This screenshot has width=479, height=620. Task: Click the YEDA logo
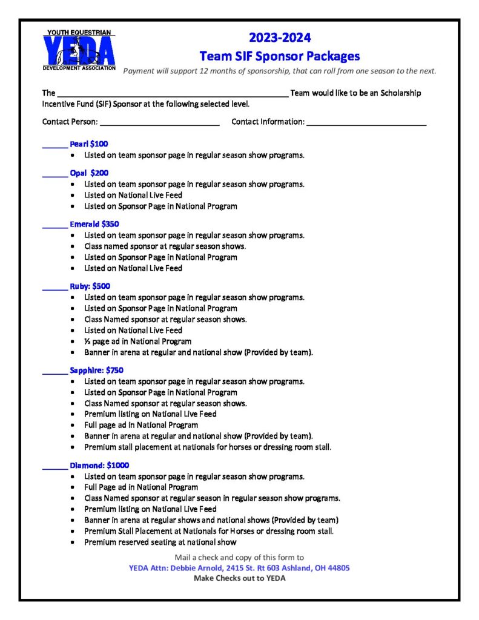pyautogui.click(x=79, y=50)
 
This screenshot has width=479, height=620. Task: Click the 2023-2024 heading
pyautogui.click(x=279, y=38)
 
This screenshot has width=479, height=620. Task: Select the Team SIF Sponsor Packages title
pyautogui.click(x=279, y=56)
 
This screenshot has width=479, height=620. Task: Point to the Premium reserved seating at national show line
pyautogui.click(x=160, y=542)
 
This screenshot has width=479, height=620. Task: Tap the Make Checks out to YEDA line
pyautogui.click(x=239, y=578)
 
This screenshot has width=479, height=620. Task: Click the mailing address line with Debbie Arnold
pyautogui.click(x=239, y=568)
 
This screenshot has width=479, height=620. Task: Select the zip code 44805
pyautogui.click(x=337, y=568)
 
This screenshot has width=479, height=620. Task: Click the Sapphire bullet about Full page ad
pyautogui.click(x=141, y=425)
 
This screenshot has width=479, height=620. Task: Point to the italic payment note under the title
pyautogui.click(x=279, y=71)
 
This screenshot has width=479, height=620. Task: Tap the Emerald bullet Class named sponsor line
pyautogui.click(x=165, y=246)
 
